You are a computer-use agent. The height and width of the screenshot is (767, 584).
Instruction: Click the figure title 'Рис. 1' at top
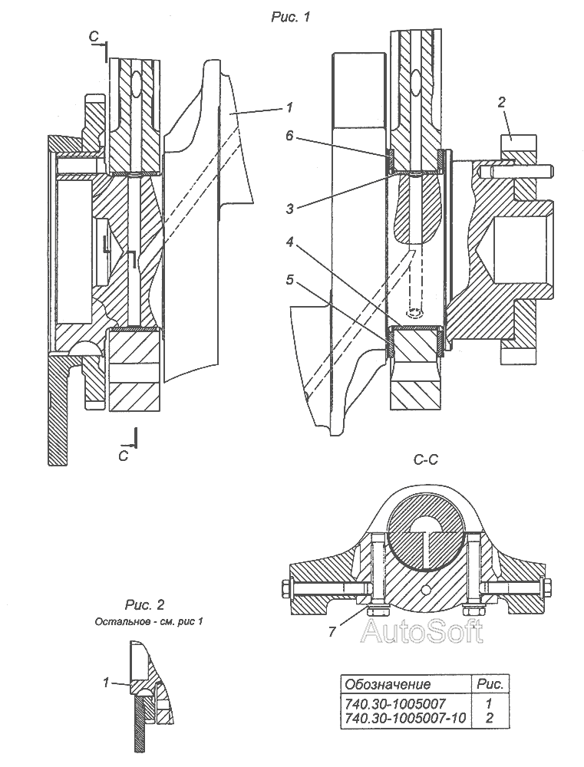291,17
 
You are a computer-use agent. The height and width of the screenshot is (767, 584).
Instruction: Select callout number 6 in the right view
290,135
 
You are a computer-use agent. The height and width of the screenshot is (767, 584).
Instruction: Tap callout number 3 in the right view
290,209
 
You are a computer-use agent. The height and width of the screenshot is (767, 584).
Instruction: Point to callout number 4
290,241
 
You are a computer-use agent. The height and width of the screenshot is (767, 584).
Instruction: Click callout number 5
290,279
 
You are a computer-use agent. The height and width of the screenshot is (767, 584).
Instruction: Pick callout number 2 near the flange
501,102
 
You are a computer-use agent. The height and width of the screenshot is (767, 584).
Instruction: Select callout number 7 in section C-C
332,631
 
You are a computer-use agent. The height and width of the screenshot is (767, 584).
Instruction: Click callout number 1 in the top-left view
289,107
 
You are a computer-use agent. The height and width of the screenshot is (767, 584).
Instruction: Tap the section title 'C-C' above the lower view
425,459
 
